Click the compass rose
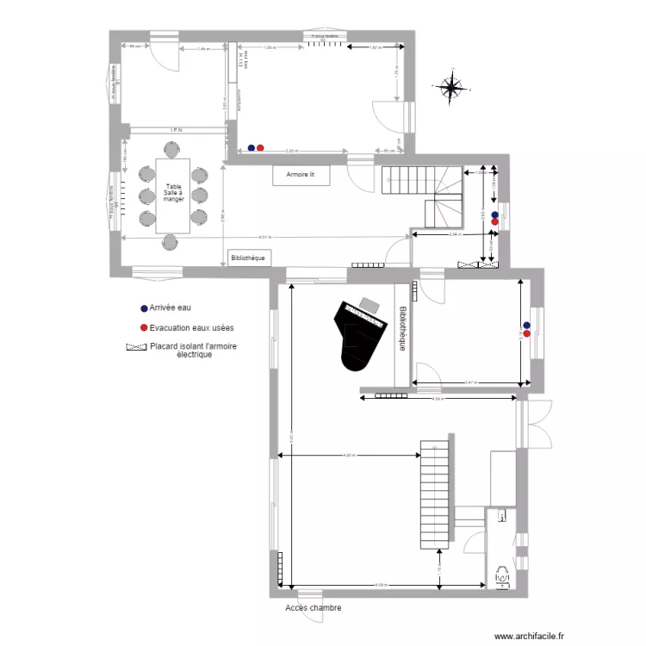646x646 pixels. click(450, 86)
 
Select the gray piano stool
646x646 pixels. click(370, 304)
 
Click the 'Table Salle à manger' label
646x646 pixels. click(174, 193)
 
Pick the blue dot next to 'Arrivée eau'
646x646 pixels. click(144, 307)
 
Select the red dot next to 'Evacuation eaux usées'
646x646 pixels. click(144, 328)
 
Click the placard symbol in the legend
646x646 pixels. click(136, 348)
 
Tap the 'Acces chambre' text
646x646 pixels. click(313, 608)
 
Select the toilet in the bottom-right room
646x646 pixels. click(502, 575)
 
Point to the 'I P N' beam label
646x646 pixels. click(175, 130)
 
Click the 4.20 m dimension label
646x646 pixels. click(349, 455)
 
